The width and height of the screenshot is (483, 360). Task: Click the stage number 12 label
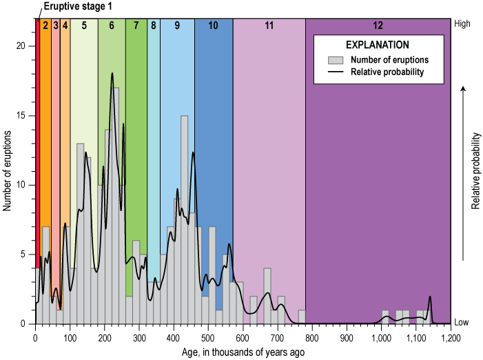click(x=378, y=26)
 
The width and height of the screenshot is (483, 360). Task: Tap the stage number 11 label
click(x=269, y=26)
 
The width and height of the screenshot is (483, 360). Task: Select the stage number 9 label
click(x=177, y=26)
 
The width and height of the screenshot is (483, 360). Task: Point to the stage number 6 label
click(x=111, y=26)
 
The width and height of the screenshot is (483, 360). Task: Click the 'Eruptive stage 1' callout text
click(x=78, y=7)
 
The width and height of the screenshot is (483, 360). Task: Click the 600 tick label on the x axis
click(x=243, y=338)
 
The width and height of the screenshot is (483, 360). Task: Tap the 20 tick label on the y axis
click(x=21, y=46)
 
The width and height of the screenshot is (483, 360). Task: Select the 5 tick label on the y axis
click(x=23, y=254)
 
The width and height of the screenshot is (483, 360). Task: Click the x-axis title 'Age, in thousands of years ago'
click(x=243, y=352)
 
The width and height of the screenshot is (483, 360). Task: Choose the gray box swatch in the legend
click(x=335, y=59)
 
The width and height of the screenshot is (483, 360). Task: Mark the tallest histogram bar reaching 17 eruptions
click(x=116, y=207)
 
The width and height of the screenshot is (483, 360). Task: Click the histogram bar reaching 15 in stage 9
click(x=185, y=221)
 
